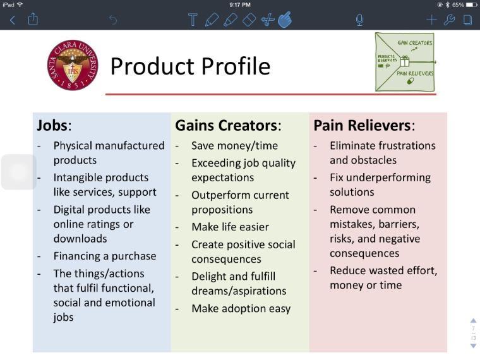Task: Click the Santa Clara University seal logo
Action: pyautogui.click(x=73, y=65)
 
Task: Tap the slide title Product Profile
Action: pyautogui.click(x=190, y=66)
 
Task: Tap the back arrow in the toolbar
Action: pyautogui.click(x=12, y=20)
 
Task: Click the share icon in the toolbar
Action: pyautogui.click(x=33, y=20)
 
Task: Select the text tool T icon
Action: pyautogui.click(x=193, y=20)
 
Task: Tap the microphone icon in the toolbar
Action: pyautogui.click(x=359, y=20)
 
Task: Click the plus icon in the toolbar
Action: pyautogui.click(x=431, y=20)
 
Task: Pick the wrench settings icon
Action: pyautogui.click(x=450, y=20)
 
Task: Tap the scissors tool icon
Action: pyautogui.click(x=267, y=20)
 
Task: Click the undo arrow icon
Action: pyautogui.click(x=113, y=20)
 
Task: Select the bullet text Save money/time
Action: pyautogui.click(x=234, y=145)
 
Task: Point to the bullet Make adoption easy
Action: pyautogui.click(x=241, y=308)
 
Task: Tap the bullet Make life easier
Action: pyautogui.click(x=230, y=227)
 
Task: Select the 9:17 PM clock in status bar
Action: pyautogui.click(x=240, y=4)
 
